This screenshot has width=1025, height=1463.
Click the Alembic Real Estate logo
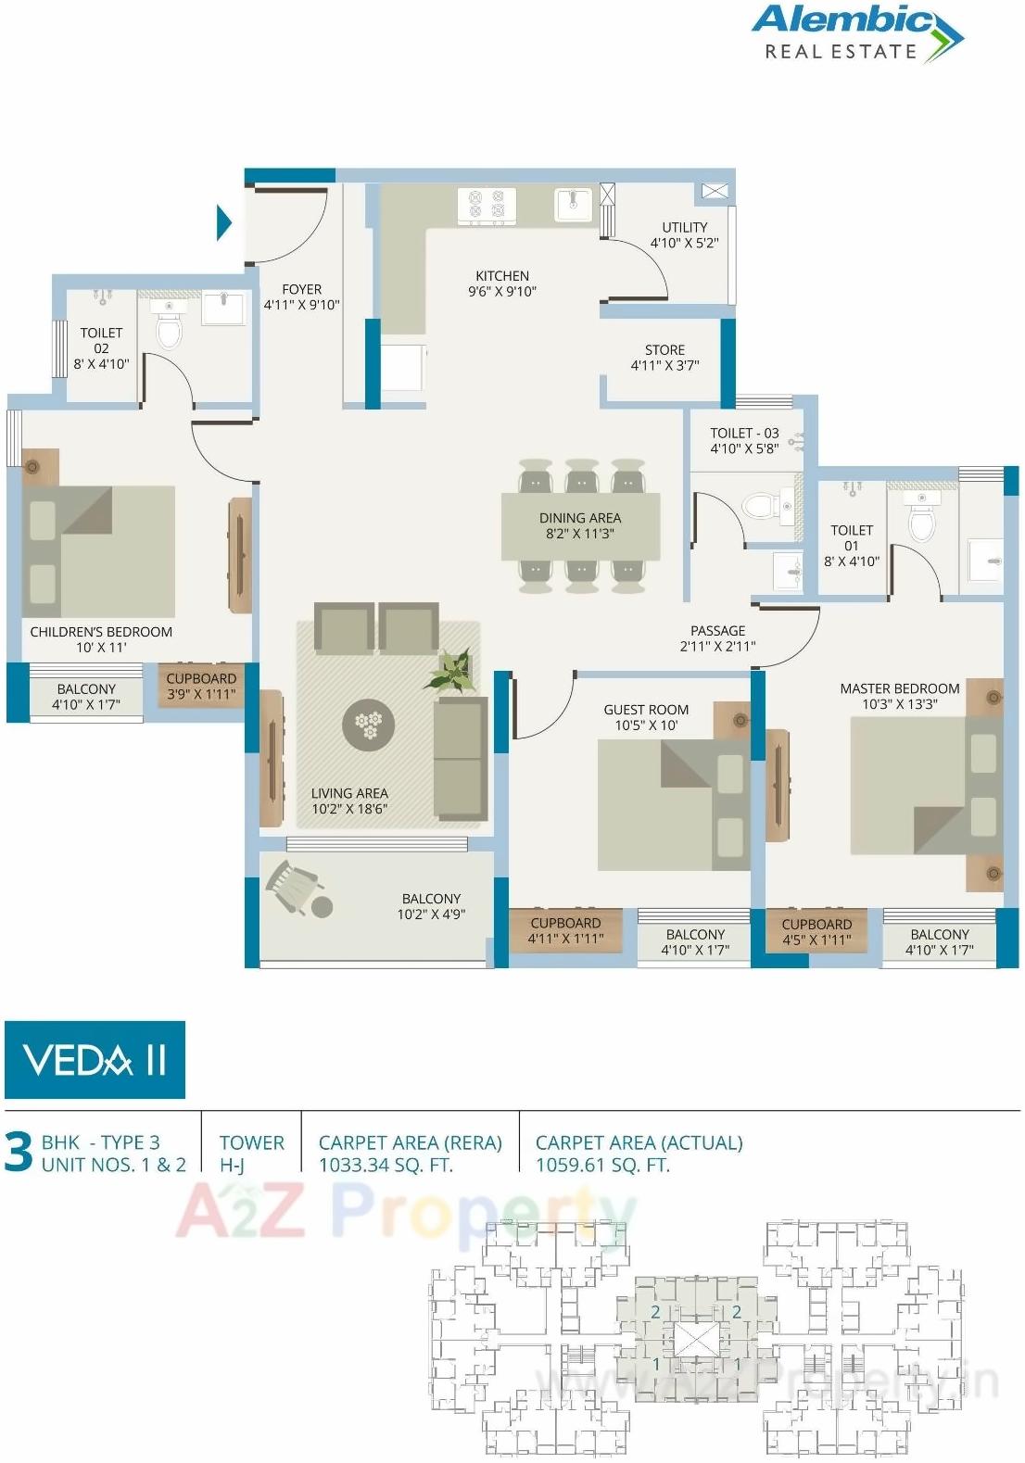tap(856, 33)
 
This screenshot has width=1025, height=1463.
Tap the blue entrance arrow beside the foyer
tap(223, 222)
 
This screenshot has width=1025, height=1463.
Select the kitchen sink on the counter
tap(573, 205)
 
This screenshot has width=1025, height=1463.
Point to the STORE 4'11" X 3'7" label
tap(664, 358)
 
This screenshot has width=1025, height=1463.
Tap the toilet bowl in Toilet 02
tap(169, 326)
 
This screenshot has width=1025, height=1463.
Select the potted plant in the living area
tap(452, 669)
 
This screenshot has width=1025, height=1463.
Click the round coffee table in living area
tap(369, 725)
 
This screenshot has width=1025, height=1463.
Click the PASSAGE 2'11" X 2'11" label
tap(717, 638)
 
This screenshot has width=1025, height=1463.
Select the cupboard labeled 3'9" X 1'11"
tap(201, 686)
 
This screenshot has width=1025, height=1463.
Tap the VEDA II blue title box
tap(95, 1060)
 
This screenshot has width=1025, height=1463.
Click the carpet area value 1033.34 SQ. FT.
tap(386, 1166)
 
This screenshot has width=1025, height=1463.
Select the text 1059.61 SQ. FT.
tap(602, 1166)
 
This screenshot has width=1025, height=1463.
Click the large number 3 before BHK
tap(19, 1153)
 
